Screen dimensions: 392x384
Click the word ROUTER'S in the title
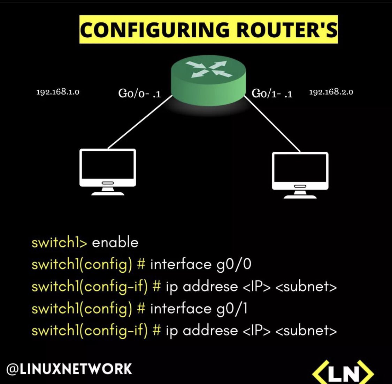point(286,30)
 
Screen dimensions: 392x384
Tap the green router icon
point(208,80)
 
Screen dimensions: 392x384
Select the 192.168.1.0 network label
point(58,92)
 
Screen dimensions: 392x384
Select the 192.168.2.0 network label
point(331,92)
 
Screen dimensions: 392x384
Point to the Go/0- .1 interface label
point(139,94)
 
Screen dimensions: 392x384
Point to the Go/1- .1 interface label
point(272,94)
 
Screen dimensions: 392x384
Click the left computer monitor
point(108,172)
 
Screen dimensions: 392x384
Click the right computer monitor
point(300,175)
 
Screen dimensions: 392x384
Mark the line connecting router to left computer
point(140,122)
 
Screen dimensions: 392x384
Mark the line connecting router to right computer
point(272,124)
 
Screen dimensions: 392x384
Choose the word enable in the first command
point(115,243)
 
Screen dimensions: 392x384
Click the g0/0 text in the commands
point(234,265)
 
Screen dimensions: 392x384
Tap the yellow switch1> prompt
point(59,243)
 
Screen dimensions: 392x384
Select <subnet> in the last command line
point(306,331)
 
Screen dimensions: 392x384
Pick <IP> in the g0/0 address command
point(256,287)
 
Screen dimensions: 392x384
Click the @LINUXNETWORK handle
point(69,369)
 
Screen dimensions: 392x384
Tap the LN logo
point(343,372)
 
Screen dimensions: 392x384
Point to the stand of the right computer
point(300,195)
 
